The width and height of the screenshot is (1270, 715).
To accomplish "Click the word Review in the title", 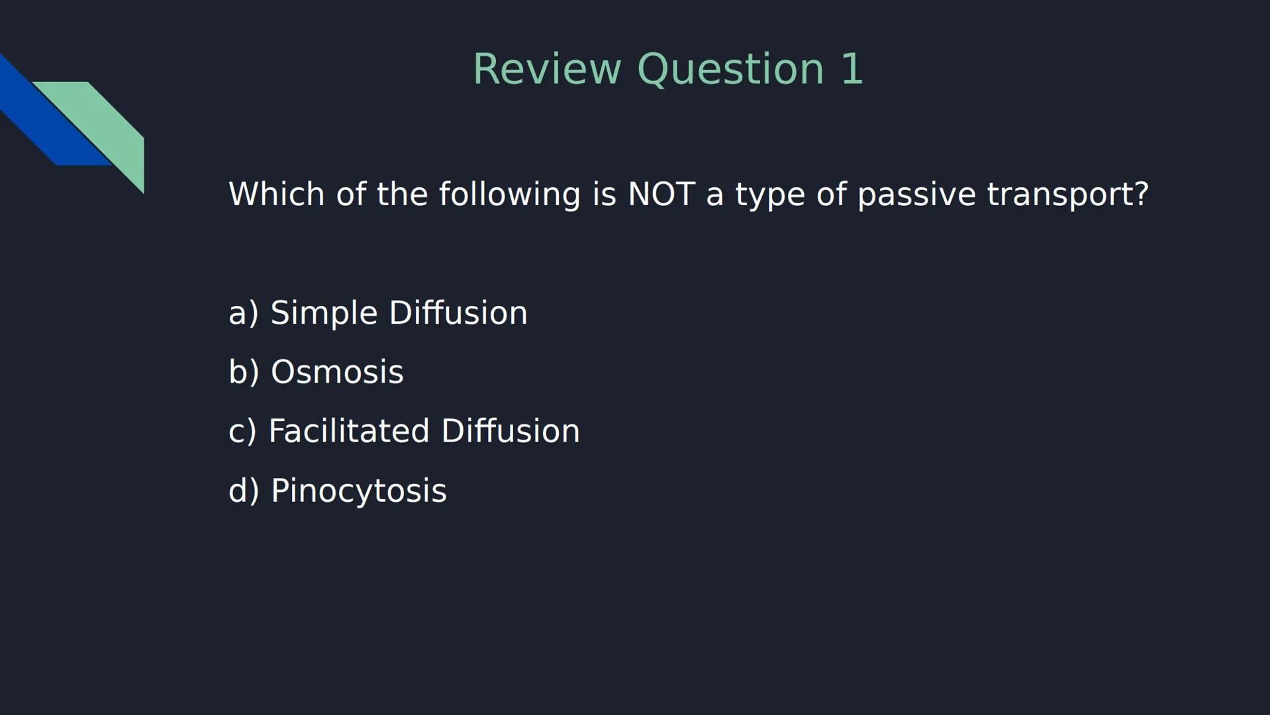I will [547, 69].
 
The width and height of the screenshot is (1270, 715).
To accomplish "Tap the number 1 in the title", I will [852, 69].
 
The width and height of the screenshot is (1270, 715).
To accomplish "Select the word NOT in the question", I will [661, 194].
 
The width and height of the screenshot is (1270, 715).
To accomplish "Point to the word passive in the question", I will [916, 194].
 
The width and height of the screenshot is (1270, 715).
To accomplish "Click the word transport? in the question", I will [1067, 194].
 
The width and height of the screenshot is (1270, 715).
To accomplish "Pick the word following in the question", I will [509, 194].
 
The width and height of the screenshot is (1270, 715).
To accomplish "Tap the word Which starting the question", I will [276, 194].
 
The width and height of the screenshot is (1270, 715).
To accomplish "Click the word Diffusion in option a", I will [458, 312].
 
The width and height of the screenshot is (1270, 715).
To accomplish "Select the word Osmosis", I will [337, 371].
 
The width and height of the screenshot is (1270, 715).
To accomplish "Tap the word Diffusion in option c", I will [510, 431].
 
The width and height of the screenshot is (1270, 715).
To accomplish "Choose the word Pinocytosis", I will [359, 491].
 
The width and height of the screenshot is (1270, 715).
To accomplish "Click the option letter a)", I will [243, 312].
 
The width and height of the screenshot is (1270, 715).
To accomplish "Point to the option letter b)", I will [243, 371].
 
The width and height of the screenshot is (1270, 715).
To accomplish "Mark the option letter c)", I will [242, 431].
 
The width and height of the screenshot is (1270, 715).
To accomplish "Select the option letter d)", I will [243, 491].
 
